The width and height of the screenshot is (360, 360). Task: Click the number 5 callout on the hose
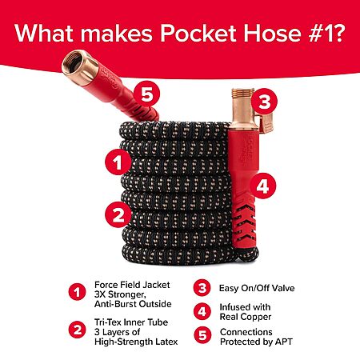click(146, 94)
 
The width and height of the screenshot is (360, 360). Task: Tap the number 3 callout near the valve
click(264, 102)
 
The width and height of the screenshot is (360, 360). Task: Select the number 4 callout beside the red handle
click(262, 186)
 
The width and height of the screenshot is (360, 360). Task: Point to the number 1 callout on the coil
click(118, 162)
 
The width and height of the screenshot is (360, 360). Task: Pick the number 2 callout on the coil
click(118, 214)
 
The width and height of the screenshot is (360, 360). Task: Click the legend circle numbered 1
click(78, 292)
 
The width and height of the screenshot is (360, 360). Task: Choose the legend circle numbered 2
click(78, 330)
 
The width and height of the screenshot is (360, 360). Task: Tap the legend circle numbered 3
click(202, 287)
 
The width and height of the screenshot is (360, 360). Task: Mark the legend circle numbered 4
click(202, 311)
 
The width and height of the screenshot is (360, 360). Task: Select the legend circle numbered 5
click(202, 335)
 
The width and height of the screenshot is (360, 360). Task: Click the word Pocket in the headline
click(198, 34)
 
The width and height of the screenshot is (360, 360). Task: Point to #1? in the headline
click(326, 34)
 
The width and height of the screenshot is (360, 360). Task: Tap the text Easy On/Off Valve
click(257, 288)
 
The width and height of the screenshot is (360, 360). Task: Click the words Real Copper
click(246, 317)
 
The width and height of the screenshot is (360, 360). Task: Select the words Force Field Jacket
click(132, 285)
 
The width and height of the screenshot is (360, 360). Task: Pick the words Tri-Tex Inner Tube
click(131, 322)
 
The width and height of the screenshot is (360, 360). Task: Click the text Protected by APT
click(256, 342)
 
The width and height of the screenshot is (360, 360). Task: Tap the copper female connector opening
click(72, 63)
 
